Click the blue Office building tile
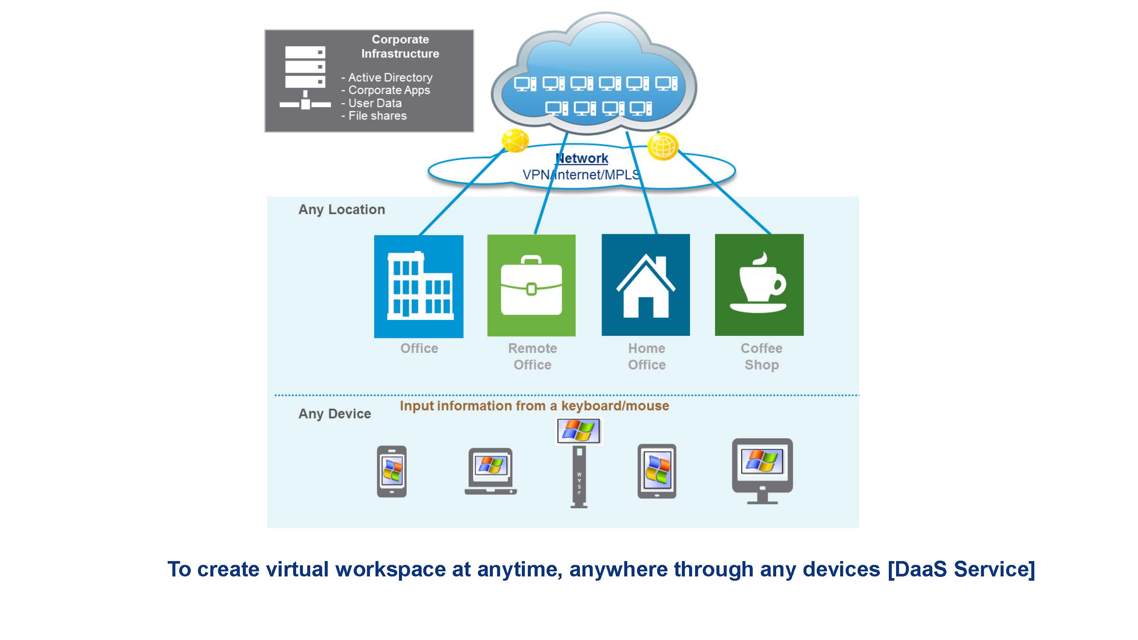418,286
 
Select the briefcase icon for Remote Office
531,285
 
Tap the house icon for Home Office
646,285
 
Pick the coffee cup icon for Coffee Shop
759,285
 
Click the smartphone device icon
391,471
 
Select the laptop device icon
490,471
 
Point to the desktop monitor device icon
762,470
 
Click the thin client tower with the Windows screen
579,464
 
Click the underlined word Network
581,158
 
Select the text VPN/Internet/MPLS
581,175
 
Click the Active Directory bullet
390,78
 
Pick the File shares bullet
377,116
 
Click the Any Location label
341,209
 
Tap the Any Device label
335,414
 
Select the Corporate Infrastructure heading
400,47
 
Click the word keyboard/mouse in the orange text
615,406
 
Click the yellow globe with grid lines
663,146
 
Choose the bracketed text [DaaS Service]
961,569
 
